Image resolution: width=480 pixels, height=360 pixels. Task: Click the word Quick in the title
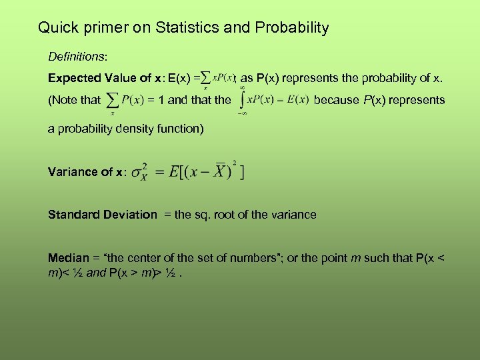tap(55, 28)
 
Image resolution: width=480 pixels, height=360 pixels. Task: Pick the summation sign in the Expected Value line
tap(205, 78)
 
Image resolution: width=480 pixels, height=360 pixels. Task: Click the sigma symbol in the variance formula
tap(138, 172)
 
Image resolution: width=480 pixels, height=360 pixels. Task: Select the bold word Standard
tap(73, 215)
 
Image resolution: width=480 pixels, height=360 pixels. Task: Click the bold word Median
tap(68, 257)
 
